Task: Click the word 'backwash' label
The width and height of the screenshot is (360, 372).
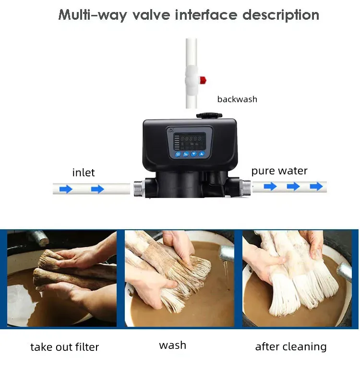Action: [237, 99]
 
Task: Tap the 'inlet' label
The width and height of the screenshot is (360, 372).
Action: [84, 173]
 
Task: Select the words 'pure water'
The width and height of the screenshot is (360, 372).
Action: [279, 171]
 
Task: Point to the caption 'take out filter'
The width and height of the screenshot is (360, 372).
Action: [64, 347]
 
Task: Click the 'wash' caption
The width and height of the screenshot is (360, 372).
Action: [172, 345]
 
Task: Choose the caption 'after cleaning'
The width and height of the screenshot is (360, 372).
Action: [291, 347]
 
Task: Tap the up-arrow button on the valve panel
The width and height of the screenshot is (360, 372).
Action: [202, 155]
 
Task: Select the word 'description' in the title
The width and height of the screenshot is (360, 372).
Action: [280, 15]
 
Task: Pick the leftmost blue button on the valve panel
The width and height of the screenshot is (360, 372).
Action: [178, 155]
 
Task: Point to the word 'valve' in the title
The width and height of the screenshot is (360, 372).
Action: [144, 15]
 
